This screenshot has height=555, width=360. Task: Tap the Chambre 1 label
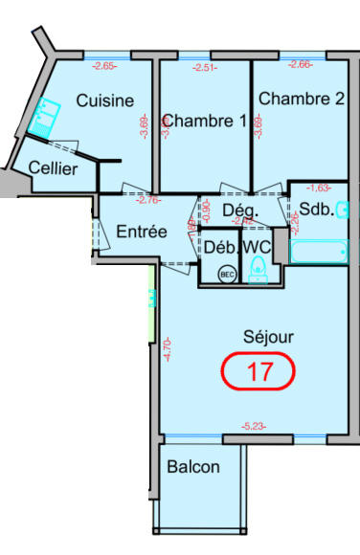(x=204, y=121)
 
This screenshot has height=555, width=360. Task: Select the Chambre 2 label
(x=301, y=99)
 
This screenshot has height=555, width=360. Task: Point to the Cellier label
(x=54, y=168)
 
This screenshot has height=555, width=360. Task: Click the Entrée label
(x=142, y=232)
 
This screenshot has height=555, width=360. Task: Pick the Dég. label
(x=242, y=210)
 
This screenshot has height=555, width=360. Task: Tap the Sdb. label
(x=316, y=210)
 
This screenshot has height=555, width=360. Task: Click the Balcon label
(x=192, y=467)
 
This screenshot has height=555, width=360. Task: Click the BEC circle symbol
(x=227, y=274)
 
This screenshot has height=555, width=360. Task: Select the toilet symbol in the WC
(x=257, y=274)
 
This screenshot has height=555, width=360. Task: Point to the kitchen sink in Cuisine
(x=41, y=121)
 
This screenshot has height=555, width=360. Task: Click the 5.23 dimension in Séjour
(x=255, y=427)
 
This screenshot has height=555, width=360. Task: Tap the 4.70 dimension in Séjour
(x=168, y=348)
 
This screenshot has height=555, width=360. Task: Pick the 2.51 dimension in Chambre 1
(x=205, y=67)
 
